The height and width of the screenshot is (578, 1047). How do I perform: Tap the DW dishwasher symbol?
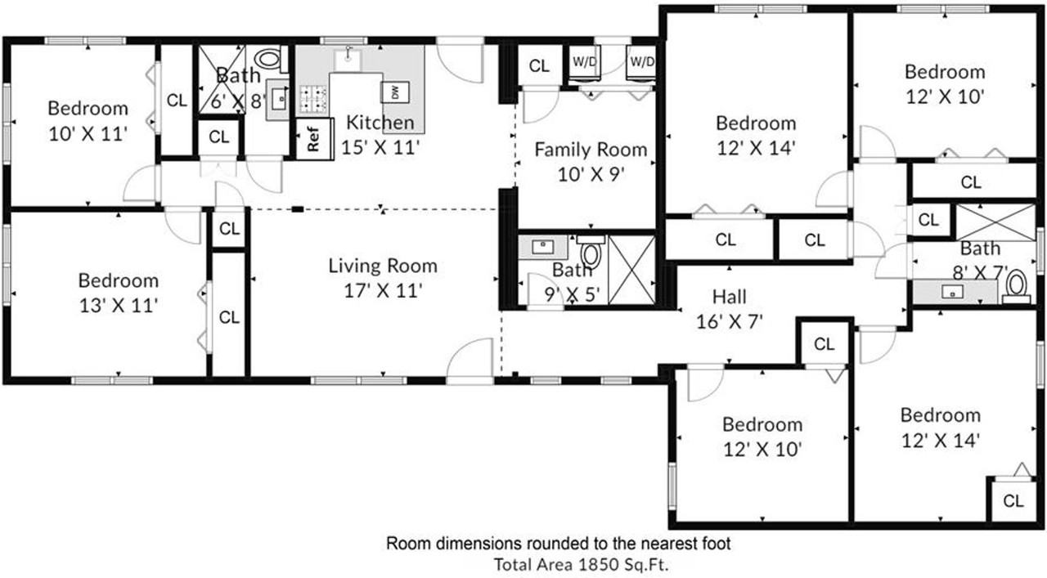coord(395,92)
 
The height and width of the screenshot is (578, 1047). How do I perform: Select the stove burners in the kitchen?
coord(312,99)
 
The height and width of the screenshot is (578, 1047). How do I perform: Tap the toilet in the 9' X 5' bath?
coord(591,253)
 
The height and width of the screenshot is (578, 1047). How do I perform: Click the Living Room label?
coord(383,266)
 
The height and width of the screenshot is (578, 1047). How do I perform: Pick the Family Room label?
coord(591,150)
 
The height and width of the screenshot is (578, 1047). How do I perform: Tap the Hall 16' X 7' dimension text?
coord(730,321)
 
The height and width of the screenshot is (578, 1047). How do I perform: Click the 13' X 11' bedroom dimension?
coord(119,306)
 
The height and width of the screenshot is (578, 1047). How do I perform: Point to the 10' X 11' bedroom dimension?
coord(88,134)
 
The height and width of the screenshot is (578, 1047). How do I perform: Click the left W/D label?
coord(584,61)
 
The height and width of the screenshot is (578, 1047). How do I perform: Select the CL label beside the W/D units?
coord(539,66)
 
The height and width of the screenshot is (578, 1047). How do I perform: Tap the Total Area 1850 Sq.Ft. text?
coord(582,565)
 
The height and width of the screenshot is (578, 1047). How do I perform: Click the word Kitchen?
coord(380,123)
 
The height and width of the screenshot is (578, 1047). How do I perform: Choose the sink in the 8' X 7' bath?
coord(952,292)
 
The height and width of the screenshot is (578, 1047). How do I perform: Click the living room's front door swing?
coord(470,361)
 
